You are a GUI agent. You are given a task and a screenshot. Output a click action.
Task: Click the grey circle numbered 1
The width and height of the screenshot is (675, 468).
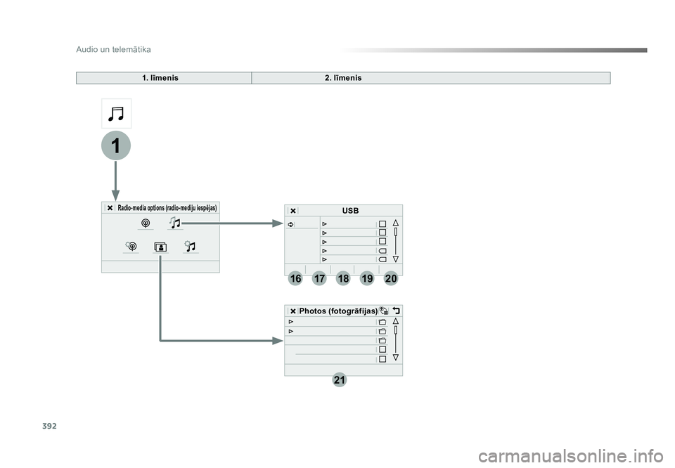coord(116,145)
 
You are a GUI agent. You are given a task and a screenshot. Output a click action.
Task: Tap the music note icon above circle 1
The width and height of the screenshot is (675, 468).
coord(116,114)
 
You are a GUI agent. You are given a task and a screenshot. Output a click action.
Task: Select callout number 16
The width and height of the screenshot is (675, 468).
coord(295,279)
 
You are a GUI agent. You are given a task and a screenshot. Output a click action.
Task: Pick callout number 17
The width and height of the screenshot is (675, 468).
coord(319,279)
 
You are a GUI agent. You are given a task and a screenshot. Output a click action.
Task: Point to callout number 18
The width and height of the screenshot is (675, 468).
coord(343,279)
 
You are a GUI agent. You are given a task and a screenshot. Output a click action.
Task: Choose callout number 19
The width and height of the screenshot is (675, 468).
coord(367,279)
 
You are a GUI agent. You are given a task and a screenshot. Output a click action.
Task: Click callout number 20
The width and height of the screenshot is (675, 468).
coord(391,279)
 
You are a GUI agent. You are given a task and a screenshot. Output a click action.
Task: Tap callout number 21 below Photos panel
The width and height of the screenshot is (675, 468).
coord(339,380)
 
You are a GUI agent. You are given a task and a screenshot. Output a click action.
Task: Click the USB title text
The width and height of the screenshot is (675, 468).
coord(350,211)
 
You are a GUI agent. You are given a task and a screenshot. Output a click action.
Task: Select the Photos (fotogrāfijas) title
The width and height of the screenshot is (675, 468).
coord(338,311)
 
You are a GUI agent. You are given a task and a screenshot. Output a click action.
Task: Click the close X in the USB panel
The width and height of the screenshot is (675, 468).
coord(293,211)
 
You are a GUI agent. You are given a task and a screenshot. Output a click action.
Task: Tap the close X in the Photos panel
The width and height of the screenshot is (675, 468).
coord(292,311)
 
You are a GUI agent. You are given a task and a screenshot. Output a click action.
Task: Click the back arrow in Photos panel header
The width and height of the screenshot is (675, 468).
coord(396,311)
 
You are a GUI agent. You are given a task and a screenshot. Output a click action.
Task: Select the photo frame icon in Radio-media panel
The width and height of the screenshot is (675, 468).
coord(160,247)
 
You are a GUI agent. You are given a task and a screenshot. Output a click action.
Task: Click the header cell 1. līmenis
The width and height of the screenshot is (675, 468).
coord(160,78)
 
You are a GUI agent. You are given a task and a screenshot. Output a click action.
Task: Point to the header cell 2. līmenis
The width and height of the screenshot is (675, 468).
coord(343,78)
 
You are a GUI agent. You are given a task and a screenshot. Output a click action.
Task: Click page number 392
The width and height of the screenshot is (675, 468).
coord(49,427)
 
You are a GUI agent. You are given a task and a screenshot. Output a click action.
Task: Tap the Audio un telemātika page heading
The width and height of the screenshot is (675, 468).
coord(114,49)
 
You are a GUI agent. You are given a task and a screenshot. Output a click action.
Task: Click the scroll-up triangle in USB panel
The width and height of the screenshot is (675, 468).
coord(396,223)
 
